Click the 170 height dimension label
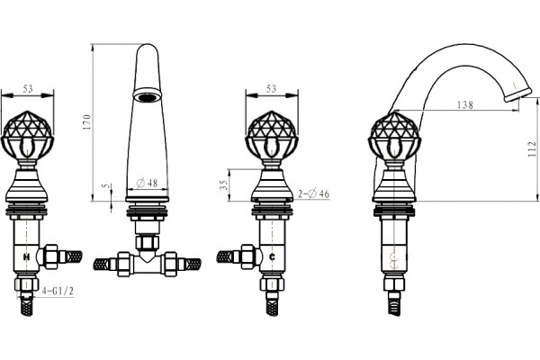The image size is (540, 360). (x=87, y=122)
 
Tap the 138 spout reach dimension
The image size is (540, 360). (x=465, y=104)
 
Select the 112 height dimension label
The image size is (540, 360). (x=532, y=148)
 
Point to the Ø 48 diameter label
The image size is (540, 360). (x=147, y=184)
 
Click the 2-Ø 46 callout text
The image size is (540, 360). (x=313, y=194)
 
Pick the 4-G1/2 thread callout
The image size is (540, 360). (x=58, y=291)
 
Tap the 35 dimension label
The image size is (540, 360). (x=224, y=185)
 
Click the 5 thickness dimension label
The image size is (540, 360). (x=106, y=186)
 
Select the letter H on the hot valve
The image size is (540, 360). (x=26, y=256)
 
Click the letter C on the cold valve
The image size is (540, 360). (x=272, y=256)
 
